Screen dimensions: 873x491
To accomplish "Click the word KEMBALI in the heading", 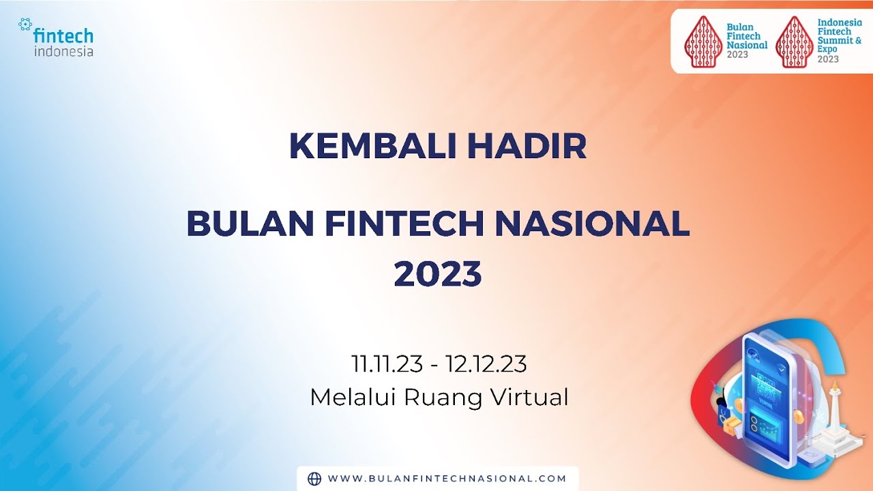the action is (x=373, y=146).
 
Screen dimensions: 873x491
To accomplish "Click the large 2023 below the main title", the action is (x=438, y=274).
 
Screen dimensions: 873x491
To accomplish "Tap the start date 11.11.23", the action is (x=387, y=364).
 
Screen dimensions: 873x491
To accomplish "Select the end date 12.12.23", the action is (x=486, y=364).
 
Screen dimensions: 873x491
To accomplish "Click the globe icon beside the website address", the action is (x=314, y=479).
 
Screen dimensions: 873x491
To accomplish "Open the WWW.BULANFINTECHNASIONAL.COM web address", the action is (x=447, y=479).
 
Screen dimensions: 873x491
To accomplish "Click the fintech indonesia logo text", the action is (x=63, y=42).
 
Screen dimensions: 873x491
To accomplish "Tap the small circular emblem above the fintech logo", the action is (x=25, y=25).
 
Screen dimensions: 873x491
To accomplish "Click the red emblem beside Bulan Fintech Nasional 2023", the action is (x=703, y=42).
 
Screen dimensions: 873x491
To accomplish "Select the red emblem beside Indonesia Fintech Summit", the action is (x=795, y=42).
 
